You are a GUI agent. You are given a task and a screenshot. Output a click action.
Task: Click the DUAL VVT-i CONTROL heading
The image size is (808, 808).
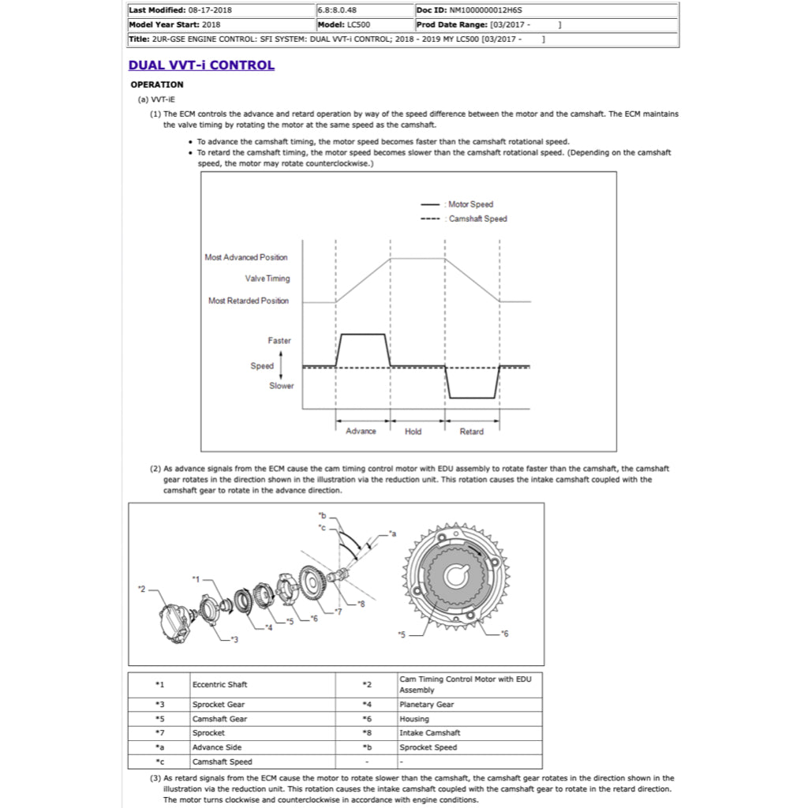click(x=201, y=65)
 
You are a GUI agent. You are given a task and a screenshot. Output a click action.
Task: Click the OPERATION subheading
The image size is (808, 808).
click(x=156, y=84)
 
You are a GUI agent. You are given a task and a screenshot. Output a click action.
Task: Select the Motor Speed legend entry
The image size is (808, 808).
click(x=470, y=204)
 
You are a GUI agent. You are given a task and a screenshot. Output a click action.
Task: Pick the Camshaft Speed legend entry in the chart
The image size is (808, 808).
click(x=477, y=219)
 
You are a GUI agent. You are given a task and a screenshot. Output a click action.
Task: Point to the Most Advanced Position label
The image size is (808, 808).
click(x=246, y=257)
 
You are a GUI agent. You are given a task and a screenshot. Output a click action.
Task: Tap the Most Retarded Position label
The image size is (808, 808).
click(x=249, y=301)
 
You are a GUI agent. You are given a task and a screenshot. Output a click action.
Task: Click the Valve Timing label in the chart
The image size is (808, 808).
click(x=267, y=279)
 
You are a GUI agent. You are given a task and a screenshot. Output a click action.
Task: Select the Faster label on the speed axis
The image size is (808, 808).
click(x=279, y=341)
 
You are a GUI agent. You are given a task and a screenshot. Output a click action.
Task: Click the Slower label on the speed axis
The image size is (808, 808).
click(x=281, y=386)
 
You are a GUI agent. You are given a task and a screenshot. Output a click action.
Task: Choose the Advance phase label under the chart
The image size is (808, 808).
click(x=361, y=432)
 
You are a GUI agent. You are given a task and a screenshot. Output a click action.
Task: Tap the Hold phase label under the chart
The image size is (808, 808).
click(x=413, y=432)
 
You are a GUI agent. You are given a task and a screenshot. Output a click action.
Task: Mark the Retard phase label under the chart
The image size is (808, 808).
click(x=471, y=432)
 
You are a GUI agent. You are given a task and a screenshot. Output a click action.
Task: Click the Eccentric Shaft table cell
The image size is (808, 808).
click(x=219, y=684)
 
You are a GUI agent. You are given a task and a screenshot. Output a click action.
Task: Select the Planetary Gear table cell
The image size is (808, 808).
click(x=427, y=705)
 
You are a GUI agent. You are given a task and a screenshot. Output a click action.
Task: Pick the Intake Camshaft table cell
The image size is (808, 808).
click(x=429, y=733)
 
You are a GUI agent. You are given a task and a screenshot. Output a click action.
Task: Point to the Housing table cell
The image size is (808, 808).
click(x=414, y=719)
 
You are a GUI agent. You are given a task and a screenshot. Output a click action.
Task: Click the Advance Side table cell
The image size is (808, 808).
click(x=217, y=747)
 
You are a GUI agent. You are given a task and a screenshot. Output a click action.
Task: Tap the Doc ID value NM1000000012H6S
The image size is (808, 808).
click(x=485, y=11)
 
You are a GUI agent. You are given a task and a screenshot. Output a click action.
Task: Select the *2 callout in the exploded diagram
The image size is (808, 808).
click(x=141, y=589)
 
